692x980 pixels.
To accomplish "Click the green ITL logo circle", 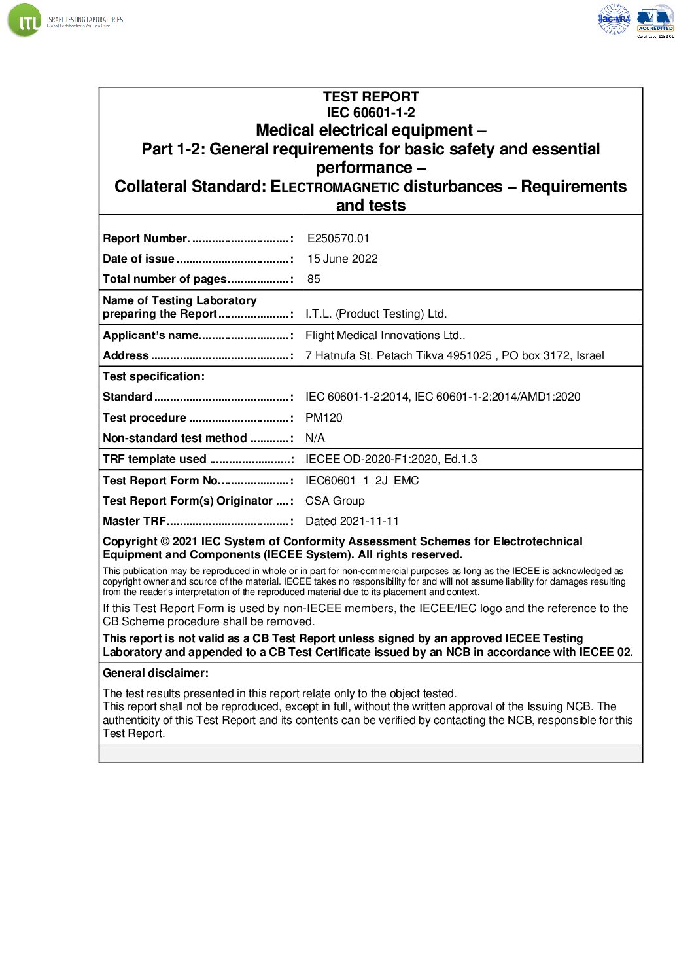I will pyautogui.click(x=24, y=20).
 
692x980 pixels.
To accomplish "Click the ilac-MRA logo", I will pyautogui.click(x=614, y=19).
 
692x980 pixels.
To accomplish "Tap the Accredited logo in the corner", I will pyautogui.click(x=655, y=20).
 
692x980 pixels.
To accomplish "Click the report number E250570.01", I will pyautogui.click(x=338, y=238).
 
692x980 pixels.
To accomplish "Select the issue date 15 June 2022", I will pyautogui.click(x=342, y=259).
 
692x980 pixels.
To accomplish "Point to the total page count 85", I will pyautogui.click(x=314, y=279).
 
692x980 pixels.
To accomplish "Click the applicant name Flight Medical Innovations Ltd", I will pyautogui.click(x=385, y=335).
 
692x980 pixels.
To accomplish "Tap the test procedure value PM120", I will pyautogui.click(x=324, y=418).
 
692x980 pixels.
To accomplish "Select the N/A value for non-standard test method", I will pyautogui.click(x=315, y=438).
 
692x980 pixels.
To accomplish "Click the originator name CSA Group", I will pyautogui.click(x=335, y=501).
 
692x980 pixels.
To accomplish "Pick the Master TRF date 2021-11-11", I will pyautogui.click(x=352, y=521).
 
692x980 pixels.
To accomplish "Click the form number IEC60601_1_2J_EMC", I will pyautogui.click(x=362, y=481).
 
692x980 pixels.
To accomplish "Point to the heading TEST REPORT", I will pyautogui.click(x=370, y=97).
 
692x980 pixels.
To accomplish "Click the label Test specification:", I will pyautogui.click(x=154, y=376).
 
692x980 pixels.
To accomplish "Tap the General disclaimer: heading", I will pyautogui.click(x=156, y=673).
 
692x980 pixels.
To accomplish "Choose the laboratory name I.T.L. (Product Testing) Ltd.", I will pyautogui.click(x=376, y=314).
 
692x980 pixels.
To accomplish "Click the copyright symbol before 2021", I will pyautogui.click(x=165, y=541).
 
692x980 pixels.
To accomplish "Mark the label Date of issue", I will pyautogui.click(x=139, y=259).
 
